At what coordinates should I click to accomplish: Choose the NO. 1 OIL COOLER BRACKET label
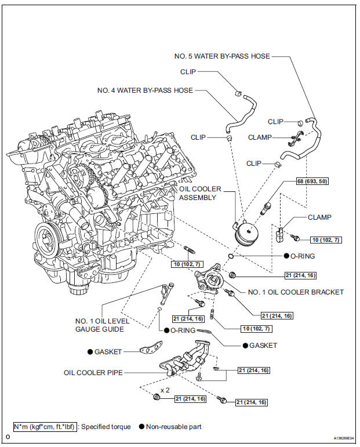click(296, 292)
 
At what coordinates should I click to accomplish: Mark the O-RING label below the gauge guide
click(184, 330)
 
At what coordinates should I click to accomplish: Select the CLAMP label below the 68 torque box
click(319, 217)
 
